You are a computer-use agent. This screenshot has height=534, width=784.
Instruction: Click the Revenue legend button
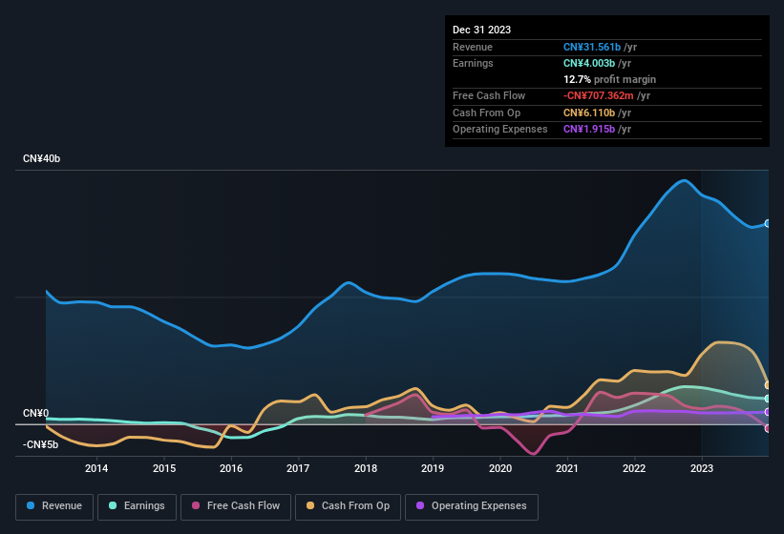pyautogui.click(x=54, y=506)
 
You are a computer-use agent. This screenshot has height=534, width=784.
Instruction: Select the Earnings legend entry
pyautogui.click(x=136, y=506)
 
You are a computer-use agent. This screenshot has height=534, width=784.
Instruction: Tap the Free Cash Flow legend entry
pyautogui.click(x=236, y=506)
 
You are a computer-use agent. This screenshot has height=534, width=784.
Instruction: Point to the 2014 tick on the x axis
pyautogui.click(x=95, y=468)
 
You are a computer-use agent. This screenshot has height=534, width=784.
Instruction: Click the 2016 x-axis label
pyautogui.click(x=230, y=468)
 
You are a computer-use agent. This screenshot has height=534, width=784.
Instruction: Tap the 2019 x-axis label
pyautogui.click(x=433, y=468)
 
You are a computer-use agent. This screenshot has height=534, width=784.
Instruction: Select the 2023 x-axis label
pyautogui.click(x=702, y=468)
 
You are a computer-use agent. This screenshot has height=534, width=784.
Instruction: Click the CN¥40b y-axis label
pyautogui.click(x=42, y=159)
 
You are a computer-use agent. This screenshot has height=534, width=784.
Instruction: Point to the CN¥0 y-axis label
pyautogui.click(x=35, y=413)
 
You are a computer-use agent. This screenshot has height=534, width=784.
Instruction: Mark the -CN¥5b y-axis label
pyautogui.click(x=41, y=444)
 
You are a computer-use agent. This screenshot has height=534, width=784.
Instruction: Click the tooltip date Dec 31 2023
pyautogui.click(x=481, y=30)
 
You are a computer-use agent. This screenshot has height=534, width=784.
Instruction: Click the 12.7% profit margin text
pyautogui.click(x=609, y=79)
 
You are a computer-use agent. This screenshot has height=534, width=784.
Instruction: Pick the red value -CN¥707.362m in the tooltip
pyautogui.click(x=606, y=95)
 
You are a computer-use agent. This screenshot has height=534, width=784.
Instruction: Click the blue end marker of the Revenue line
pyautogui.click(x=768, y=223)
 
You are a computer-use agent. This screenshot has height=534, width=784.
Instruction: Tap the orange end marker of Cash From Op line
pyautogui.click(x=768, y=385)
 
